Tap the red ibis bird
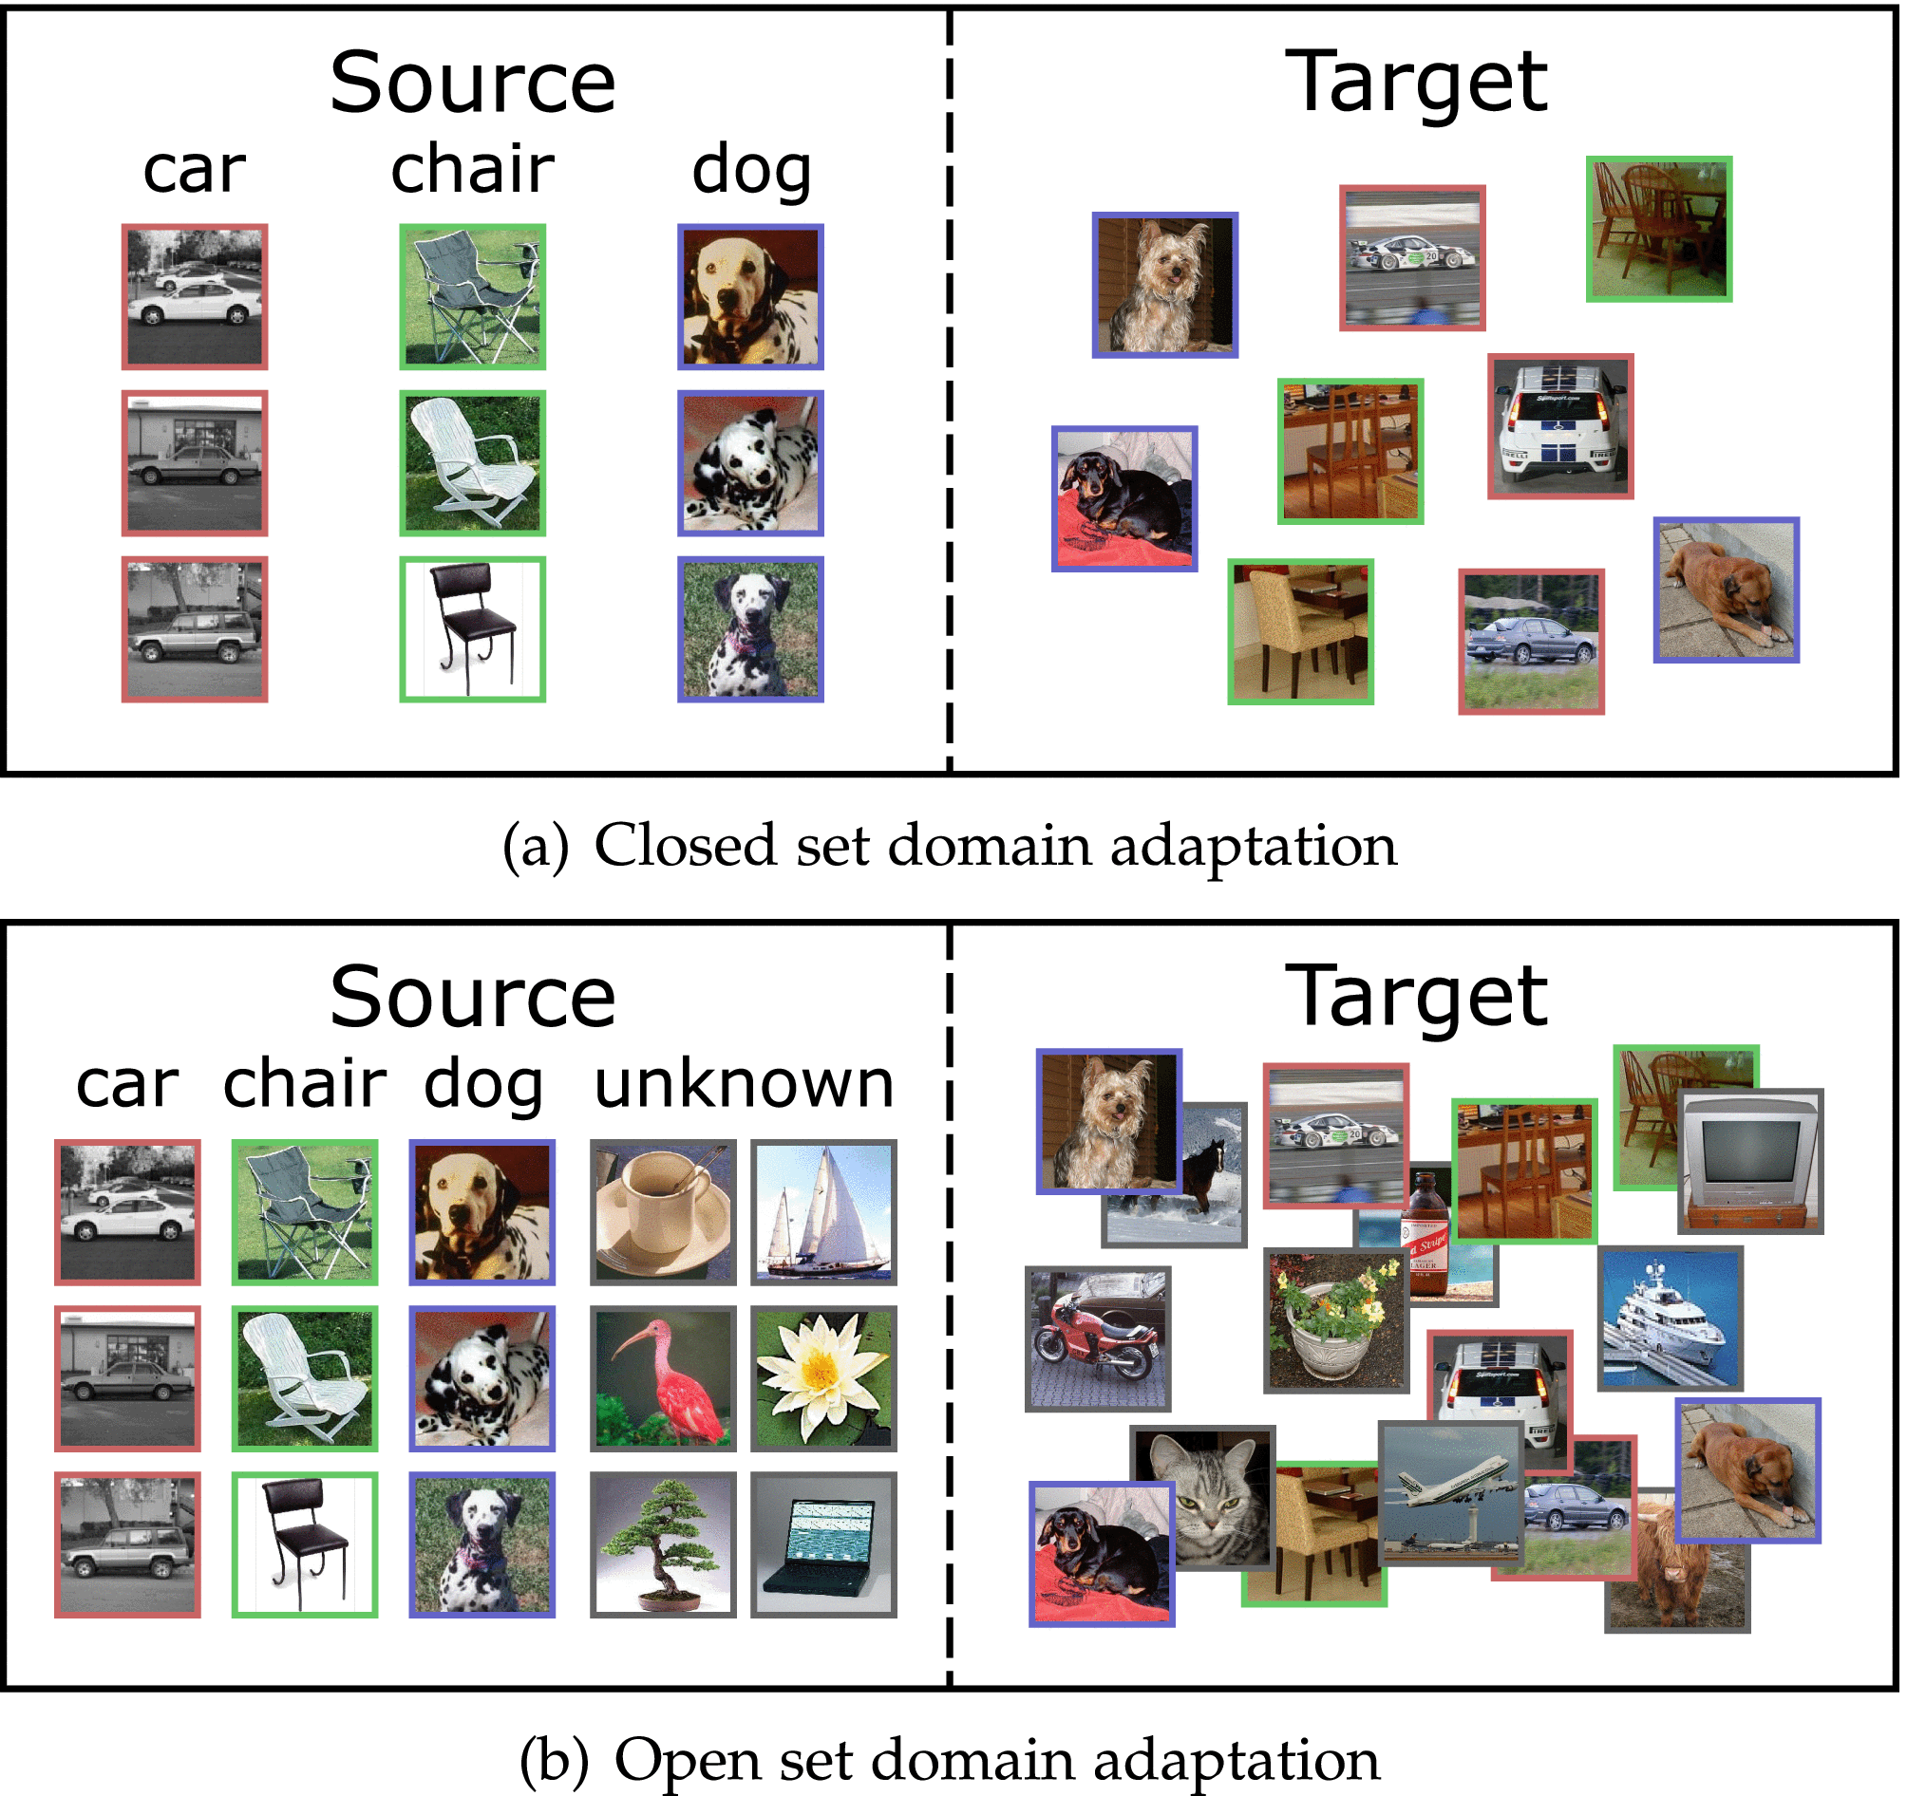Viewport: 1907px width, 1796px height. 663,1377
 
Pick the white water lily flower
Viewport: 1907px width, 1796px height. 823,1377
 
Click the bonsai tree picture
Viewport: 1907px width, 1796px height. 663,1543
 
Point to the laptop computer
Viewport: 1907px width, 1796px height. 823,1543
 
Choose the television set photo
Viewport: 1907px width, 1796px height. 1749,1159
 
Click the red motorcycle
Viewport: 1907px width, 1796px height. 1098,1338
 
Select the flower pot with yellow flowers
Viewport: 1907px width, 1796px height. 1335,1319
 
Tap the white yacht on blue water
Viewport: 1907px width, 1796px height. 1670,1318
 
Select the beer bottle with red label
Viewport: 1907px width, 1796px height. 1426,1237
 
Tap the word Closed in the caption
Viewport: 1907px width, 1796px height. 685,846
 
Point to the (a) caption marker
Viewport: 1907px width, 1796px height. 536,848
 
